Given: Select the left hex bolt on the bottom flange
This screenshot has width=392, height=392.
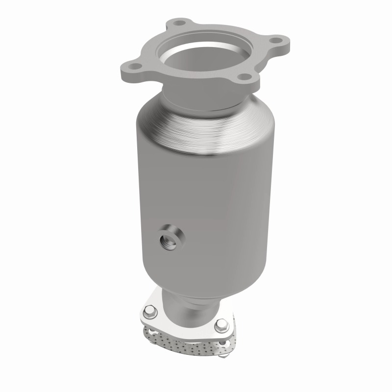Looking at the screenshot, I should tap(149, 310).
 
